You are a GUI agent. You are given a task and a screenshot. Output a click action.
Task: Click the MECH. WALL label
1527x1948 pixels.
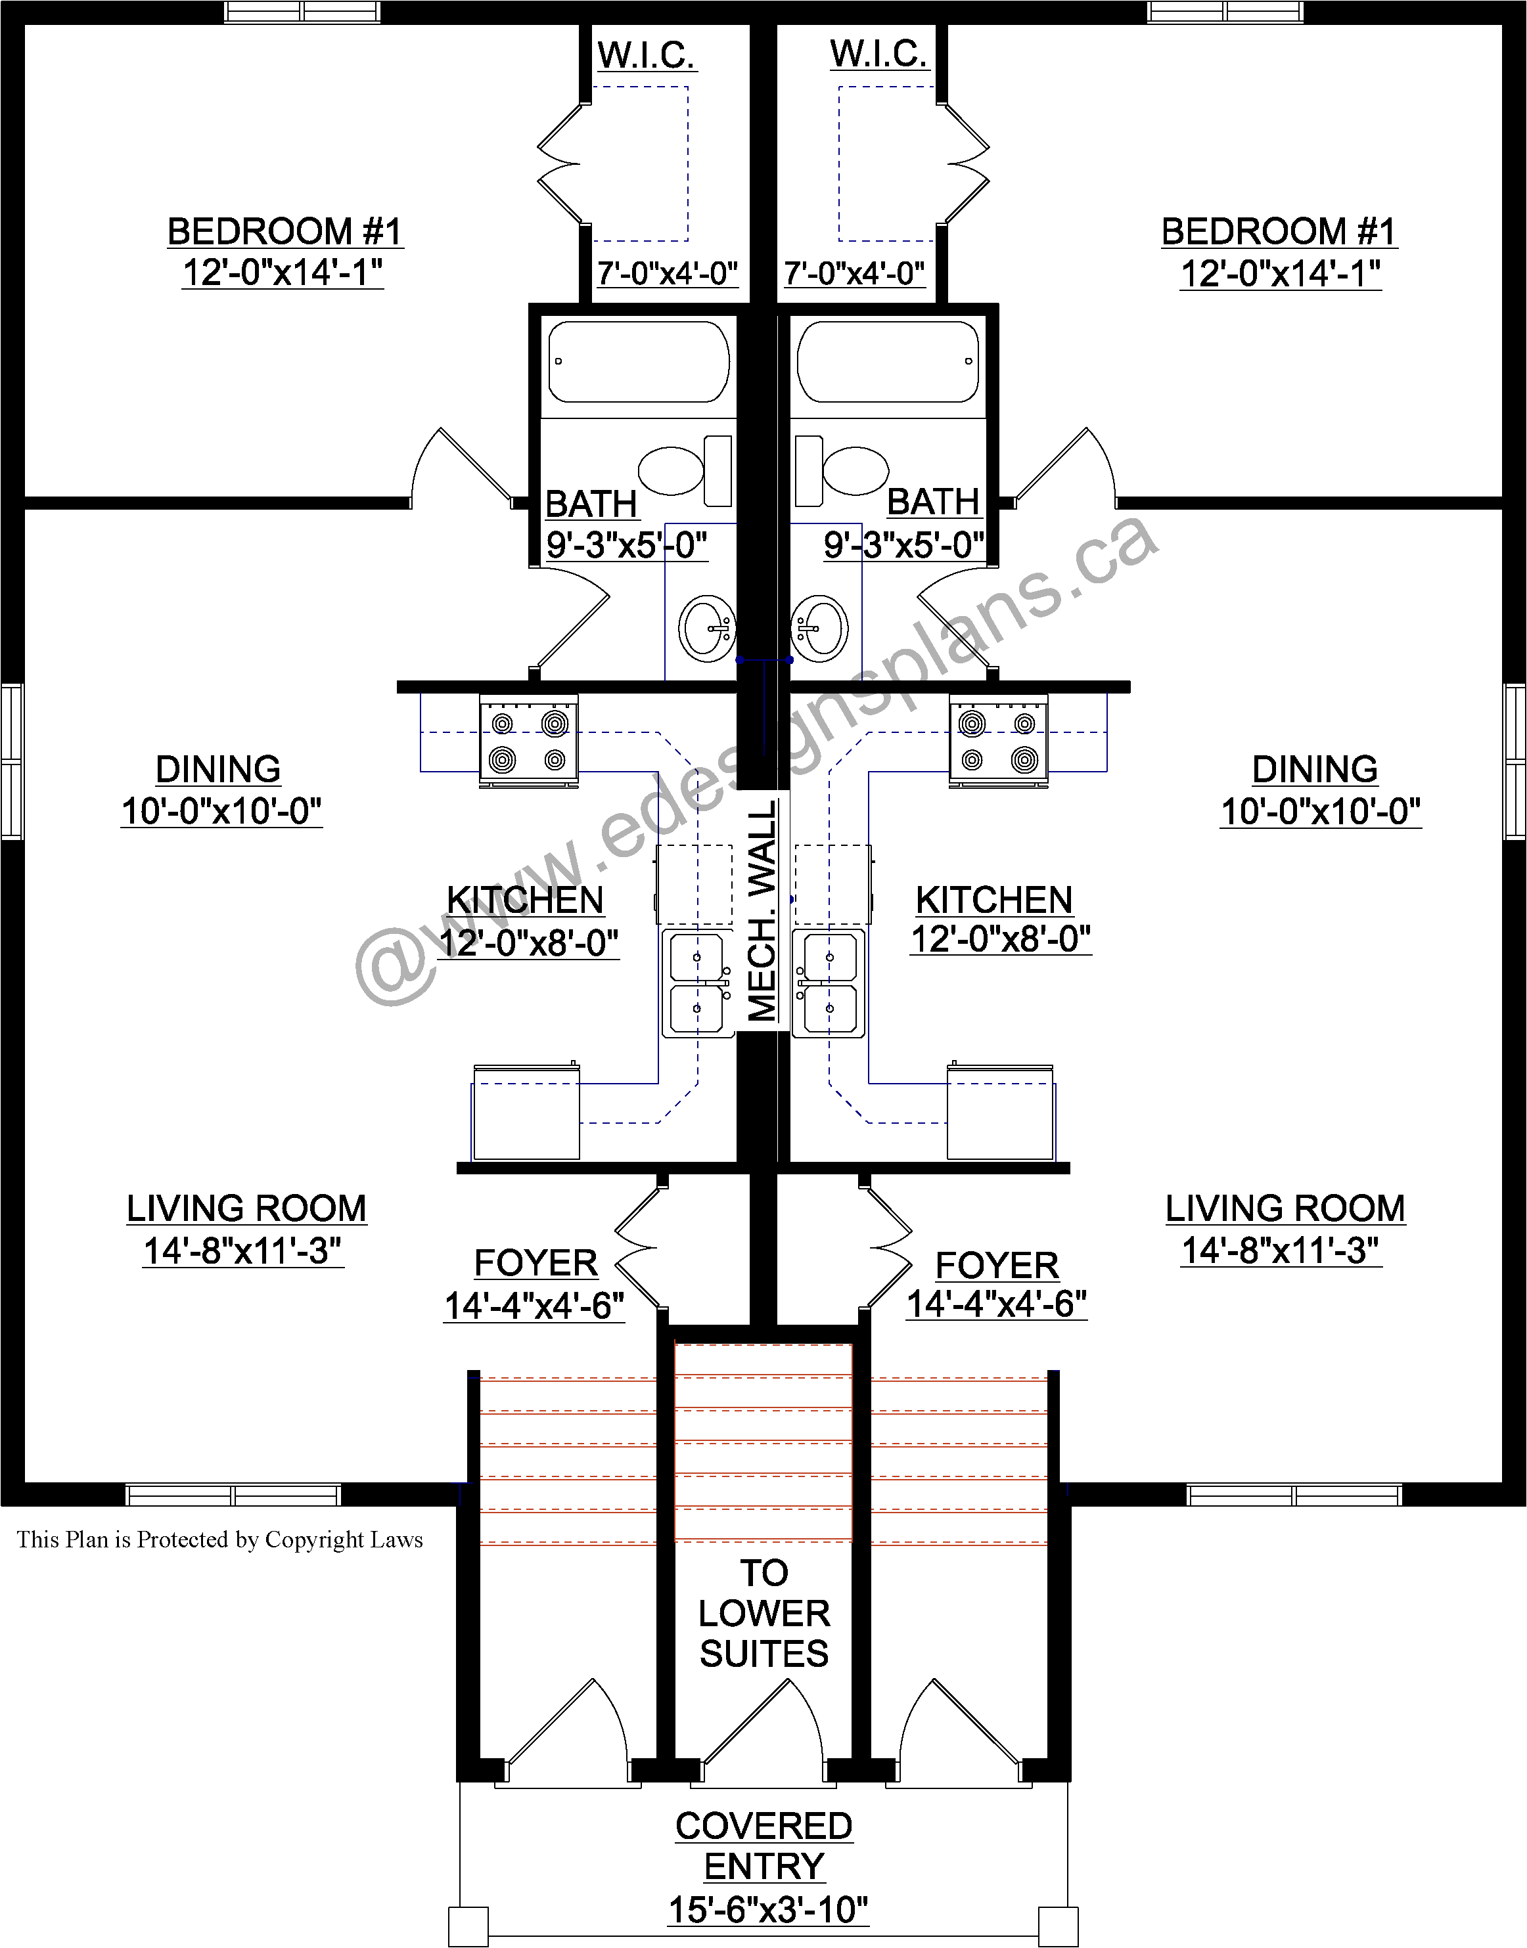pos(763,910)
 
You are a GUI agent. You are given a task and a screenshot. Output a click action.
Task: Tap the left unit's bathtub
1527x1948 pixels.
pos(639,362)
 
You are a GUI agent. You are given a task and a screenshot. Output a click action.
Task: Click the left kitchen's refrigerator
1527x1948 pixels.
pos(526,1112)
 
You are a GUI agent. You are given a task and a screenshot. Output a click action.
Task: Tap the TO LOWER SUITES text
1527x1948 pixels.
pos(764,1614)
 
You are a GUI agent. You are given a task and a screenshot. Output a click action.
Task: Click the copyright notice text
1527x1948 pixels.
pos(220,1539)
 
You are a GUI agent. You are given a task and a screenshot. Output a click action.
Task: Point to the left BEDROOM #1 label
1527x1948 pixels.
pos(285,231)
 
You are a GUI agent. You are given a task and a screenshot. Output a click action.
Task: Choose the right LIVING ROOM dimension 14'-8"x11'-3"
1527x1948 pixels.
pos(1281,1250)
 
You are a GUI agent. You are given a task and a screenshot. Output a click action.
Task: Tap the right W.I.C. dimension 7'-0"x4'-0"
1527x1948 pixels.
pos(855,273)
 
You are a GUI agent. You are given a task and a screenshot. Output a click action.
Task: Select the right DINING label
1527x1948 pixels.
pos(1314,769)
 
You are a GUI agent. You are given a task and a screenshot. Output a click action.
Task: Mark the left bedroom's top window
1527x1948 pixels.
pos(302,12)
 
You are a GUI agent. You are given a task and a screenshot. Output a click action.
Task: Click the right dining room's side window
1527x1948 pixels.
pos(1515,761)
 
